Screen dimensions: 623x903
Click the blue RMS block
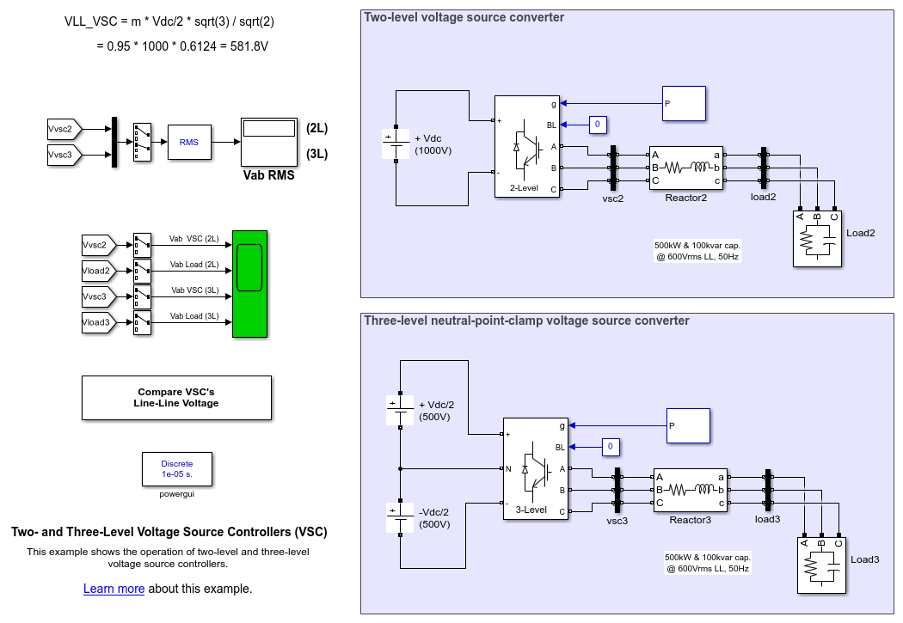click(188, 142)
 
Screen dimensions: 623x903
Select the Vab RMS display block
click(269, 142)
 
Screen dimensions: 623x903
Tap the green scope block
click(249, 284)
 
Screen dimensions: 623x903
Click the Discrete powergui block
click(176, 468)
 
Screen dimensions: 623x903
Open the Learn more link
click(114, 589)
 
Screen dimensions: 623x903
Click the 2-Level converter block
click(526, 146)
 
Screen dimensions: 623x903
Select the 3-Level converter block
click(533, 468)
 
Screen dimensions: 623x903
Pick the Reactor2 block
click(685, 168)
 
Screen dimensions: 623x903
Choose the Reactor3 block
click(690, 490)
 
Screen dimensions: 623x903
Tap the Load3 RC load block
click(820, 565)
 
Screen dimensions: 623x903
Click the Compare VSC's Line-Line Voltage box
click(176, 398)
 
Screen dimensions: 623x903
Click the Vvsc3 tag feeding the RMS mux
click(64, 155)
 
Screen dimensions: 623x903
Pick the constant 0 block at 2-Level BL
click(598, 125)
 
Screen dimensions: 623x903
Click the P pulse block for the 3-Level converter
click(688, 425)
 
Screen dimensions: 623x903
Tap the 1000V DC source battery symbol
click(396, 144)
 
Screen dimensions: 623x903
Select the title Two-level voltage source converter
click(464, 17)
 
